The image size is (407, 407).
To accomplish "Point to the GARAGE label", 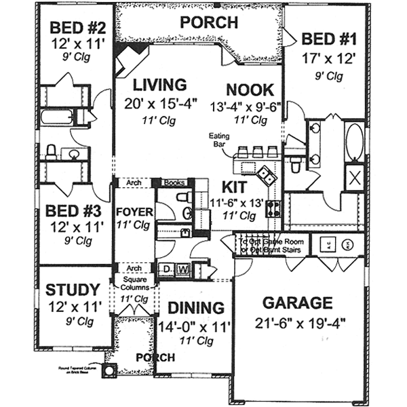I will [298, 303].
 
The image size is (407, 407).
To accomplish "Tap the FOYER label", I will [134, 212].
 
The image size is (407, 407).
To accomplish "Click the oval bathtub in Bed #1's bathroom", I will [355, 140].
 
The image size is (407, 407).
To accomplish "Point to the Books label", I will [174, 183].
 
